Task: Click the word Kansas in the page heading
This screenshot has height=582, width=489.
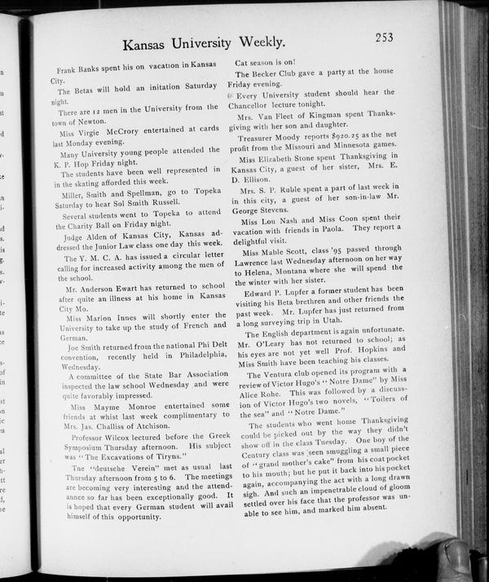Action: pos(150,42)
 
